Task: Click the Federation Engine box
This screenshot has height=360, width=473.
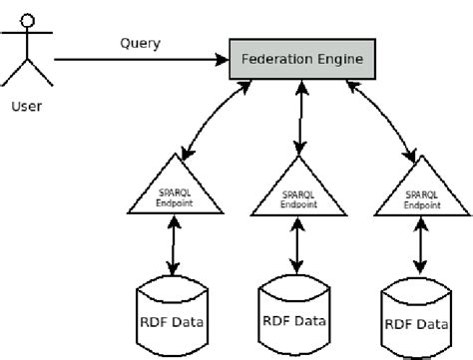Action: [x=302, y=60]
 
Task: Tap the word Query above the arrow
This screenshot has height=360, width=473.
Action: [x=140, y=43]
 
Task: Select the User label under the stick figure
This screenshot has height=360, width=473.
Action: [x=27, y=104]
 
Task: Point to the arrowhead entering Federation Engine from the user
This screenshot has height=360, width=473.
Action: [x=224, y=60]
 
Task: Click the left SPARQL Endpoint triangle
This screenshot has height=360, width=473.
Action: [x=174, y=191]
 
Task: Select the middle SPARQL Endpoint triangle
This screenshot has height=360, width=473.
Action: [x=298, y=193]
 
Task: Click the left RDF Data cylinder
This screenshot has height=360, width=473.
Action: [x=175, y=319]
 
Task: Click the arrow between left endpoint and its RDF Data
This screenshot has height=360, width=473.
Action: [x=175, y=247]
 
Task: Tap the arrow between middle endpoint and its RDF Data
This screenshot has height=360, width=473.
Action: [x=298, y=246]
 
